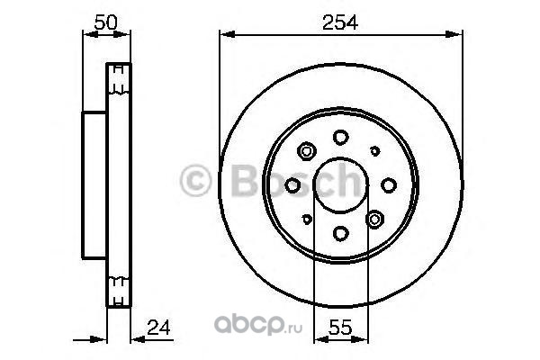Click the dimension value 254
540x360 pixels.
pos(340,22)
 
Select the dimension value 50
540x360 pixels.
pos(106,22)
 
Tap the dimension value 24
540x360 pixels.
pos(158,328)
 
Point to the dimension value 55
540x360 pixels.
pos(340,327)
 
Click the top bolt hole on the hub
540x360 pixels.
pos(340,137)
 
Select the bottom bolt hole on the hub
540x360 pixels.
pos(340,234)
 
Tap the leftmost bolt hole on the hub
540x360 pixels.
pos(292,185)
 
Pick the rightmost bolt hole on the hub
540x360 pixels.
pos(389,185)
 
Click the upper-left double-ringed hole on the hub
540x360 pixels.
pos(307,151)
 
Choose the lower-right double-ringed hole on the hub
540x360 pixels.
pos(374,219)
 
